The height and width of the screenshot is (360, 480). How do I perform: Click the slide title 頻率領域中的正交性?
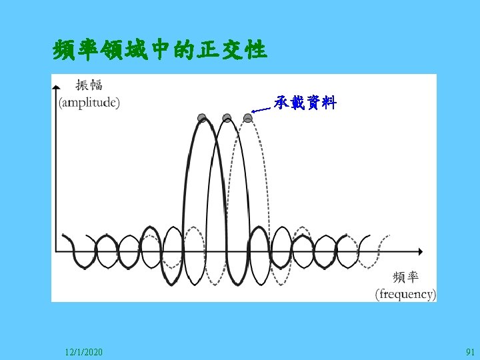tap(160, 49)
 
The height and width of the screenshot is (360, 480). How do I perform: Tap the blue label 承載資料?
tap(305, 103)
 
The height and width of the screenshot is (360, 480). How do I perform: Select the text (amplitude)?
tap(89, 102)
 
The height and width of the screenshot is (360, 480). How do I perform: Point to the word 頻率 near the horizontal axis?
tap(406, 277)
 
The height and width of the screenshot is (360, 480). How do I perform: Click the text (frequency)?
tap(405, 293)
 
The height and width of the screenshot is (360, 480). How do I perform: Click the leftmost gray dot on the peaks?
tap(202, 118)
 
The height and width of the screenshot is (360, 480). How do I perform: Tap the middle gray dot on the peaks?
tap(227, 118)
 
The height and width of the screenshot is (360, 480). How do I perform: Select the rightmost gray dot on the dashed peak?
tap(248, 118)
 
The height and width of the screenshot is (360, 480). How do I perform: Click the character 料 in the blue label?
tap(329, 103)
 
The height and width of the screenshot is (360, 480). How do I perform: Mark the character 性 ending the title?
tap(256, 49)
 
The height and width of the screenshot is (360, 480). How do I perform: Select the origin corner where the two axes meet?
tap(58, 251)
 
